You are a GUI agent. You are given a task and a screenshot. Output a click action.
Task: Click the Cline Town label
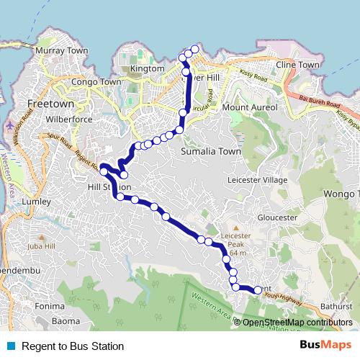point(297,65)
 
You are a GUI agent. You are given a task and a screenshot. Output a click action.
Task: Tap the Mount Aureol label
point(249,107)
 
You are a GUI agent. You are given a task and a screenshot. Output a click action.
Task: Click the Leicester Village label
point(257,179)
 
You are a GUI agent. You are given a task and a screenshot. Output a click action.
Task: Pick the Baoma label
point(66,320)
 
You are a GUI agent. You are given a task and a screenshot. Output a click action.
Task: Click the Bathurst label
point(336,306)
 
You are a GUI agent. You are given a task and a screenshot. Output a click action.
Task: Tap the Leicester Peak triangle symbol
point(235,227)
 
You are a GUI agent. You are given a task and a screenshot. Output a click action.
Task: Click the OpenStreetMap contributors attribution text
point(297,323)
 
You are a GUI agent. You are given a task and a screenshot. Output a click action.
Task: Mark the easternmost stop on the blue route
point(258,290)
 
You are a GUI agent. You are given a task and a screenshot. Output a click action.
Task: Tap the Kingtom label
point(148,68)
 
